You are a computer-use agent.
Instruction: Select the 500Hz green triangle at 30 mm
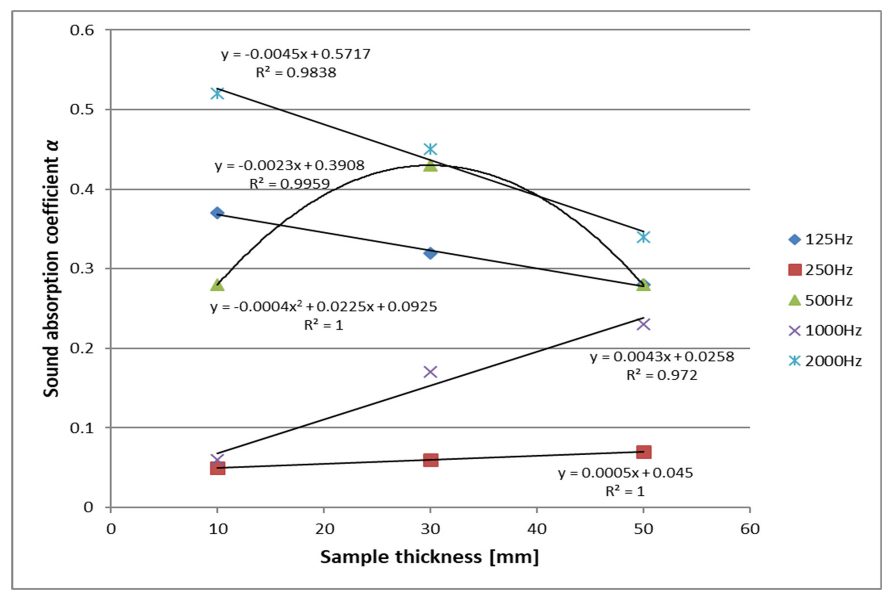431,166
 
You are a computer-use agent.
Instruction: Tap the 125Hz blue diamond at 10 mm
217,213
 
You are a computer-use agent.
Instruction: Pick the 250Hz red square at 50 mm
644,452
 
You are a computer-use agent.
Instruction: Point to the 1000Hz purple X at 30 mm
431,372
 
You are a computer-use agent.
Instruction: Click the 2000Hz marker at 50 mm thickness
644,237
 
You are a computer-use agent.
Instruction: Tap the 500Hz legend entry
821,300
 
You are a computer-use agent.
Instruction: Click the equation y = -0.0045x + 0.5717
296,54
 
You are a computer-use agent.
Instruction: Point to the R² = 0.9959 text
290,184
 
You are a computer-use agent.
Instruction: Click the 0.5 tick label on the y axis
82,109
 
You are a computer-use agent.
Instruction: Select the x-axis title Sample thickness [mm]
429,557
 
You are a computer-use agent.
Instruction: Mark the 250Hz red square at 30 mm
431,460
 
